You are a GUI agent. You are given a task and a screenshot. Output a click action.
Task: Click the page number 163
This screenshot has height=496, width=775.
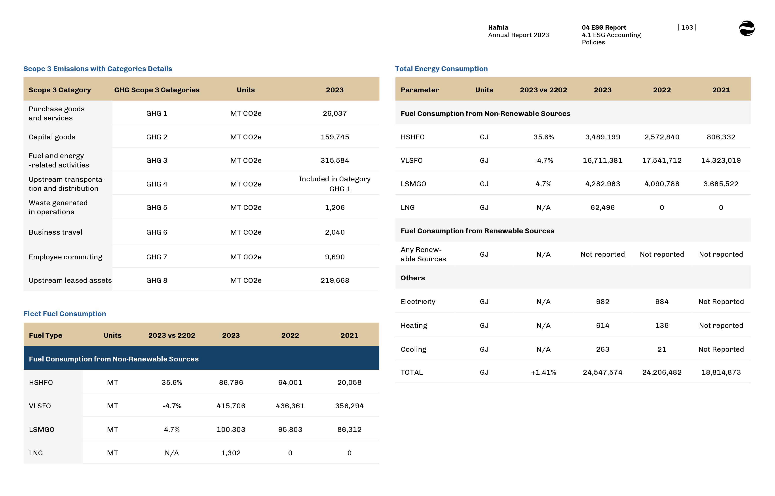click(687, 27)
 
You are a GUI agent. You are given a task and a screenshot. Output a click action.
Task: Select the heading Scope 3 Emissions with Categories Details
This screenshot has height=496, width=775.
click(98, 69)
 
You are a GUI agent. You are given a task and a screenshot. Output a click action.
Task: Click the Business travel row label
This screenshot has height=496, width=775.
click(55, 232)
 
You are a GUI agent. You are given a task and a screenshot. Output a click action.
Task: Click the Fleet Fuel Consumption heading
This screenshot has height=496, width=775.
click(65, 314)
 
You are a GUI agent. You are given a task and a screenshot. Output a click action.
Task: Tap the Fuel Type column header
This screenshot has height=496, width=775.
click(45, 335)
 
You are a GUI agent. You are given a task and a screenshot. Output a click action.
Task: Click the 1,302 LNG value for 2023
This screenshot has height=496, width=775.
click(231, 453)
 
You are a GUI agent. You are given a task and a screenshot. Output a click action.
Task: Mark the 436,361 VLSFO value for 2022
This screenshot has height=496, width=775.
click(290, 406)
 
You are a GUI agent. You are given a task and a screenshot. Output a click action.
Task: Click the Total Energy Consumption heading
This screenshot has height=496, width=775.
click(441, 69)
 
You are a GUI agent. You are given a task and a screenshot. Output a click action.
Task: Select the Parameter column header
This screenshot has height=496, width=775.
click(420, 90)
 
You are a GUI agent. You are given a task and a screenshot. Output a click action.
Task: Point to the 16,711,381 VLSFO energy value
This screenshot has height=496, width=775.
click(602, 160)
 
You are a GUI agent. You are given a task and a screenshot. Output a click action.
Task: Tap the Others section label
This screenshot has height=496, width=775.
click(412, 278)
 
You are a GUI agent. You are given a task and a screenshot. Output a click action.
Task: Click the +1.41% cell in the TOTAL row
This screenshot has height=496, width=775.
click(543, 372)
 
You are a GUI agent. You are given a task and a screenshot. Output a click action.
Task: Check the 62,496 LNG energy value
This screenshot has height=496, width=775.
click(602, 207)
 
